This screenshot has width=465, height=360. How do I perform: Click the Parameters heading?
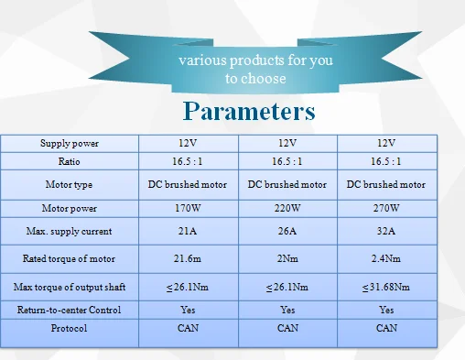[x=249, y=111]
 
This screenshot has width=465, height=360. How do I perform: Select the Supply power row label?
[x=70, y=144]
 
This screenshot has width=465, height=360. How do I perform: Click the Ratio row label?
[x=70, y=161]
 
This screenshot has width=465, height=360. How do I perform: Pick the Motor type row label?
[x=69, y=185]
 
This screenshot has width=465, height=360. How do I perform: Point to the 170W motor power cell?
[x=188, y=208]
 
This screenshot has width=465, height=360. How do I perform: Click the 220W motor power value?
[x=287, y=208]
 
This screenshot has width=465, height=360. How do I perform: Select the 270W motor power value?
[x=386, y=208]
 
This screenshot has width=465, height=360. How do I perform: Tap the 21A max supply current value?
[x=188, y=231]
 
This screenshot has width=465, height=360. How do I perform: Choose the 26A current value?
[x=287, y=231]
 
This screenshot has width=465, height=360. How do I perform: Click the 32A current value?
[x=386, y=231]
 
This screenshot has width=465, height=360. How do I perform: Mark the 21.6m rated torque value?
[x=188, y=258]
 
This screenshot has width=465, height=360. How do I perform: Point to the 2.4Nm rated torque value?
[x=386, y=258]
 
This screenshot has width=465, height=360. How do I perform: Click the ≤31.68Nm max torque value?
[x=386, y=288]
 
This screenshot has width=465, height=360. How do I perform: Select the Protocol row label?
[x=69, y=328]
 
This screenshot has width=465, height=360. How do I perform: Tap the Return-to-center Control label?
[x=69, y=310]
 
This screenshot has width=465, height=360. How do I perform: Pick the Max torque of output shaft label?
[x=70, y=287]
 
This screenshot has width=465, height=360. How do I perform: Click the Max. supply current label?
[x=69, y=231]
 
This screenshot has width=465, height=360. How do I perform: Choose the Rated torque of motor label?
[x=69, y=259]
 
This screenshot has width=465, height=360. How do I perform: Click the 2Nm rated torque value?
[x=287, y=258]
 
